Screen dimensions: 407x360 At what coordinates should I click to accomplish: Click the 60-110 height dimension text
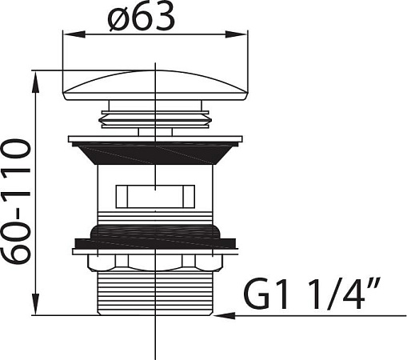pos(17,202)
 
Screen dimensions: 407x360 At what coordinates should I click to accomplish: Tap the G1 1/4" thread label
pos(311,294)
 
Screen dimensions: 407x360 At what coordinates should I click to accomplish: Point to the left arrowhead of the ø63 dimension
pos(74,34)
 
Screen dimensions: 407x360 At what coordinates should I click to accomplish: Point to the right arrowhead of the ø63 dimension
pos(237,34)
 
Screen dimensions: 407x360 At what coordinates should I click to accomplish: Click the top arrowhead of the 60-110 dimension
pos(36,82)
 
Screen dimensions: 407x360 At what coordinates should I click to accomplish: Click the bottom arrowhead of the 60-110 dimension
pos(36,304)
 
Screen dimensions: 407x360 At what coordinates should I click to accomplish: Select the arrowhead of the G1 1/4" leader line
pos(225,316)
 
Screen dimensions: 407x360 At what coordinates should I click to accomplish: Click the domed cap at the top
pos(155,86)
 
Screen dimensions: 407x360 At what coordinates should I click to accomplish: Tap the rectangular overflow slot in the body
pos(155,196)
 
